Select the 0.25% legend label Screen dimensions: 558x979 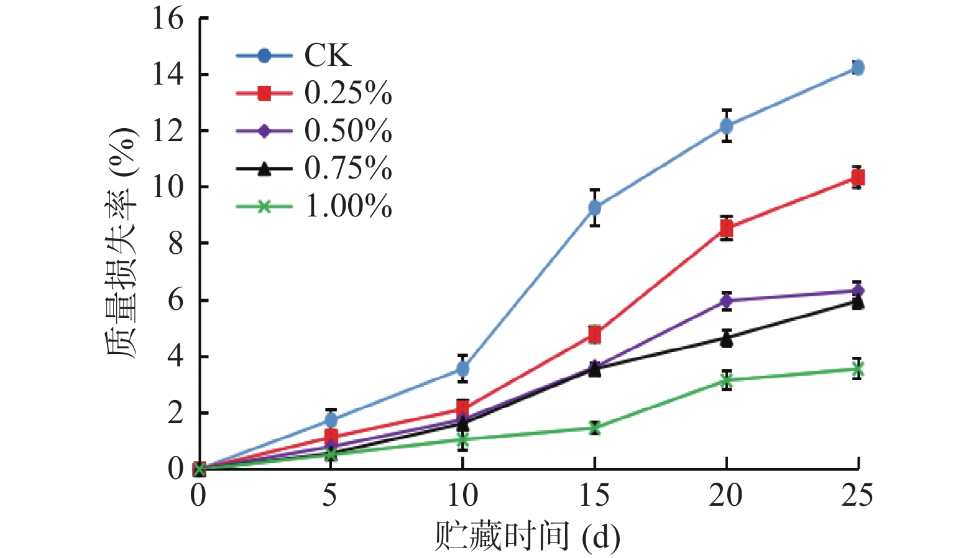(348, 93)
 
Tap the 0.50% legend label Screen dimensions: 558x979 (348, 131)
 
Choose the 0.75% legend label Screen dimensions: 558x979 (348, 168)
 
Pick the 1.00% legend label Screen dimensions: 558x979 (348, 206)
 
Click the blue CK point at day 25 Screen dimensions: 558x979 (858, 67)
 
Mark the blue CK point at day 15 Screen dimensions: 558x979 (595, 207)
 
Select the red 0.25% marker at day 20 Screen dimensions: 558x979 (727, 228)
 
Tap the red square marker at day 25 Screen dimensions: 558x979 (858, 178)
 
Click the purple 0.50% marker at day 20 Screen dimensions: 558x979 (727, 301)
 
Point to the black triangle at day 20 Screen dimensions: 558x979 (727, 339)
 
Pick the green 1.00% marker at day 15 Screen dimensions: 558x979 (595, 427)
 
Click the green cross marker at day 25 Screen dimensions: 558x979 (858, 370)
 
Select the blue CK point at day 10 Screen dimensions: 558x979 (462, 369)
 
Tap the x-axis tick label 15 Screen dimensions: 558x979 (594, 496)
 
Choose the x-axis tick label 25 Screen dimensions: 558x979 (857, 496)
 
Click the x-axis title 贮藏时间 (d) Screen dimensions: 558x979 (527, 536)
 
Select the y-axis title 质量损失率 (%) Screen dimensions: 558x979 (122, 243)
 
